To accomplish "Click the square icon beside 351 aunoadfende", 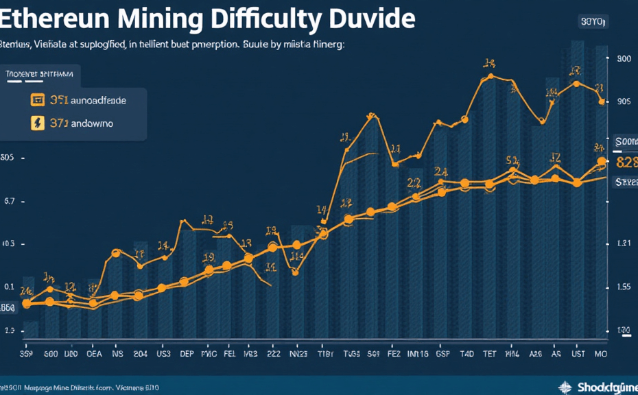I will click(x=37, y=100).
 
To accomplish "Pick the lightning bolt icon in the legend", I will click(x=37, y=123).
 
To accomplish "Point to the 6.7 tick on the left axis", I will click(x=10, y=202).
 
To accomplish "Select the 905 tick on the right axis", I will click(x=624, y=102).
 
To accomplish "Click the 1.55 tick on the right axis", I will click(x=624, y=287).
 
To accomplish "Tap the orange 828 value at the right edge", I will click(x=627, y=163).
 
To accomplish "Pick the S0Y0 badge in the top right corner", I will click(x=593, y=22).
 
